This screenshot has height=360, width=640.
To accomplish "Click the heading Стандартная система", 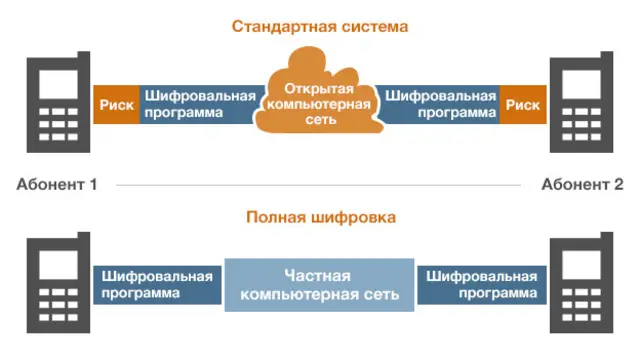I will point(320,26).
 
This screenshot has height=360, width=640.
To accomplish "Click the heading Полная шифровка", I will point(320,216).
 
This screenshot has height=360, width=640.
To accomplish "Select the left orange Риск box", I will point(116,104).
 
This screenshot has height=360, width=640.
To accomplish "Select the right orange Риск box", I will point(522,104).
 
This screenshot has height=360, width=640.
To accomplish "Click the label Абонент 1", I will point(57,184).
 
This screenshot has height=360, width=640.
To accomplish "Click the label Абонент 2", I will point(582,184).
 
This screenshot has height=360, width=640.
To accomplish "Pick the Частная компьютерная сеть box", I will point(320,285).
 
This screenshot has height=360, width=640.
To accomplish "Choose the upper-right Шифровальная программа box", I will point(441,104).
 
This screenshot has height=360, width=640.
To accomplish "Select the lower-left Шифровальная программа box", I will point(156,285).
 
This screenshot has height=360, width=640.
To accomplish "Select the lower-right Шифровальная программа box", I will point(483,285).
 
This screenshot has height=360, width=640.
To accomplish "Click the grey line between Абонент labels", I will point(320,185).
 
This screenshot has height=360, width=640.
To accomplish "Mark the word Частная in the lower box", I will point(320,275).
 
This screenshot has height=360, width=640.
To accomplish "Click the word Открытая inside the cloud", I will point(320,90).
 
